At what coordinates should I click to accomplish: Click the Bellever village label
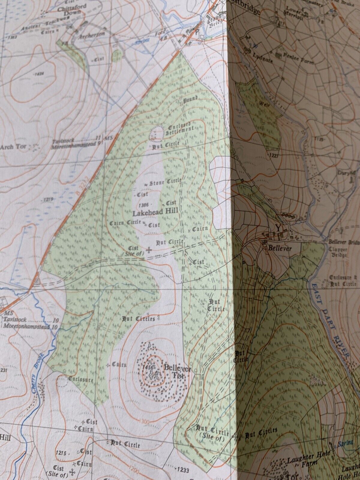click(280, 248)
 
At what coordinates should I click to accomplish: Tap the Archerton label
click(91, 34)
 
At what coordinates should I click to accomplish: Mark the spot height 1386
click(144, 205)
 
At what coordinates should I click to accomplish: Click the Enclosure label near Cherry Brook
click(81, 379)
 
